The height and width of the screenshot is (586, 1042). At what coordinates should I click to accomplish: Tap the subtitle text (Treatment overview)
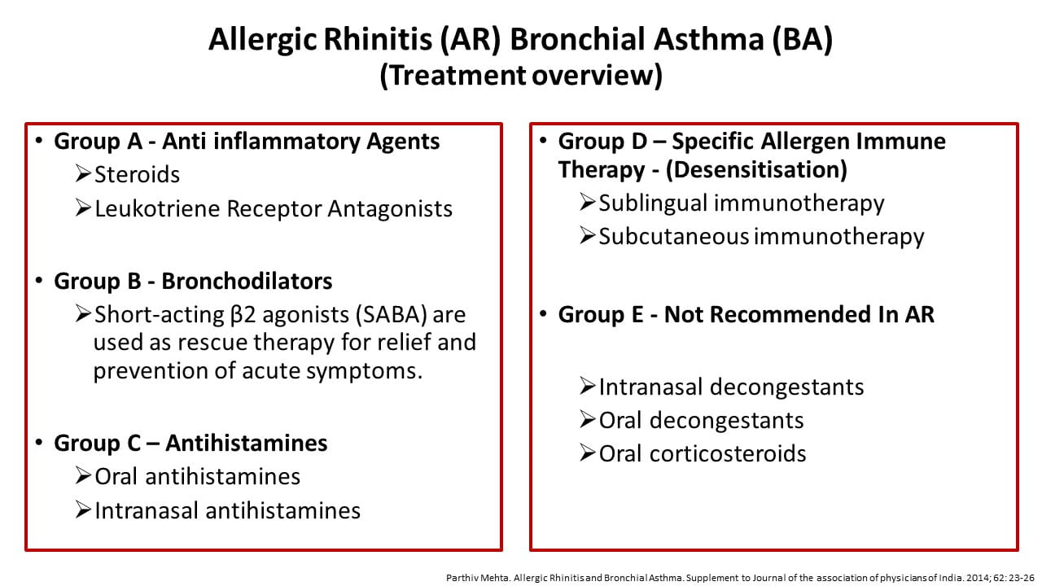click(x=521, y=76)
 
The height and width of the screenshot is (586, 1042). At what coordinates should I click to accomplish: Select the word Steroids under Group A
click(x=138, y=175)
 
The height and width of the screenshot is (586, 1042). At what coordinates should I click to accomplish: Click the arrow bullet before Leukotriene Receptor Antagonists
click(x=83, y=208)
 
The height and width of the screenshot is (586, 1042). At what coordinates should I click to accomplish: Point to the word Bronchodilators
click(x=247, y=281)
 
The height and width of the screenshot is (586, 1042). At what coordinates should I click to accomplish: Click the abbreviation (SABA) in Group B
click(x=392, y=315)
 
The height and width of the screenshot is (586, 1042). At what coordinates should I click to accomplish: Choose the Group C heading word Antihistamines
click(x=247, y=443)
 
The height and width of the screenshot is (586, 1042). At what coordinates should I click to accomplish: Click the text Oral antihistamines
click(x=197, y=477)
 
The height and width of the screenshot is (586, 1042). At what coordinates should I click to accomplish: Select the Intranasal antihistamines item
click(x=227, y=510)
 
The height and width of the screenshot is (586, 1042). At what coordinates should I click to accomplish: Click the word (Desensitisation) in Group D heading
click(x=756, y=170)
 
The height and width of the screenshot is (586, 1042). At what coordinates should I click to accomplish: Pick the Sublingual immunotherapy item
click(x=742, y=203)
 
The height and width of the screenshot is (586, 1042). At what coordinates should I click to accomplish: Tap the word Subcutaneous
click(x=673, y=237)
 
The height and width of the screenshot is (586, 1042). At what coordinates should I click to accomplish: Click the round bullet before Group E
click(x=543, y=314)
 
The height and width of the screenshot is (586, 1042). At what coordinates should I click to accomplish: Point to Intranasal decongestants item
click(x=731, y=387)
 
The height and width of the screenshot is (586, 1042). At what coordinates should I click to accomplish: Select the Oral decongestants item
click(x=701, y=421)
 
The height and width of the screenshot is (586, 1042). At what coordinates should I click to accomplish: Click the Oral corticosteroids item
click(x=703, y=454)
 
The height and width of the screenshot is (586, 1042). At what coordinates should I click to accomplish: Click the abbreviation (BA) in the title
click(x=802, y=40)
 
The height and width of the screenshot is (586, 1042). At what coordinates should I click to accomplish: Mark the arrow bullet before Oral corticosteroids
click(x=588, y=453)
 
